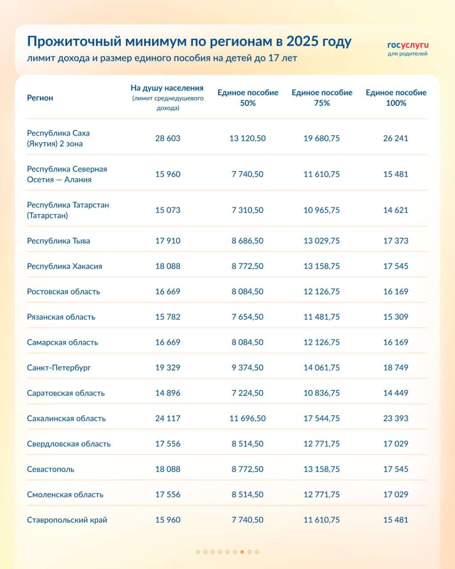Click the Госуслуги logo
pyautogui.click(x=408, y=48)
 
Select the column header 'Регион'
pyautogui.click(x=40, y=98)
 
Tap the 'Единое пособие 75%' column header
pyautogui.click(x=322, y=98)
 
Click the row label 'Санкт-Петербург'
pyautogui.click(x=59, y=368)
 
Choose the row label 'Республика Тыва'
pyautogui.click(x=58, y=241)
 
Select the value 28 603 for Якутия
pyautogui.click(x=168, y=138)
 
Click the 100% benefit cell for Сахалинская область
pyautogui.click(x=395, y=418)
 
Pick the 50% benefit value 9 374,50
pyautogui.click(x=247, y=368)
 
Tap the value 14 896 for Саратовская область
pyautogui.click(x=168, y=393)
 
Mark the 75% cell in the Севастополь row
pyautogui.click(x=322, y=469)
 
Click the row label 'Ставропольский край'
pyautogui.click(x=67, y=520)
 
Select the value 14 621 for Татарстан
pyautogui.click(x=395, y=210)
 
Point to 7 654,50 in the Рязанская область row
pyautogui.click(x=247, y=317)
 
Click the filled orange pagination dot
pyautogui.click(x=242, y=552)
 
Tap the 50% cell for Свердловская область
pyautogui.click(x=247, y=444)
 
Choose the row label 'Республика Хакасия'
pyautogui.click(x=64, y=266)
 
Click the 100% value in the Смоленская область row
pyautogui.click(x=395, y=494)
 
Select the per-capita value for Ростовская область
pyautogui.click(x=168, y=292)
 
